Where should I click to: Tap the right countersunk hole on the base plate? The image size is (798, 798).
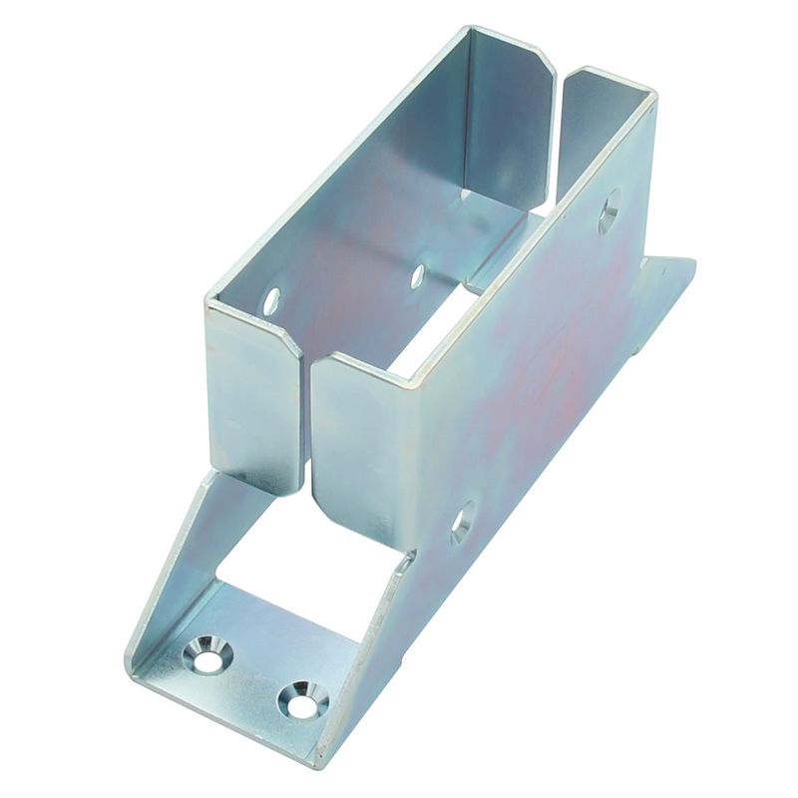(302, 699)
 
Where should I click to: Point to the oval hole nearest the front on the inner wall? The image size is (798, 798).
(271, 300)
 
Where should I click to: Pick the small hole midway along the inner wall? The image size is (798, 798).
(417, 275)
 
